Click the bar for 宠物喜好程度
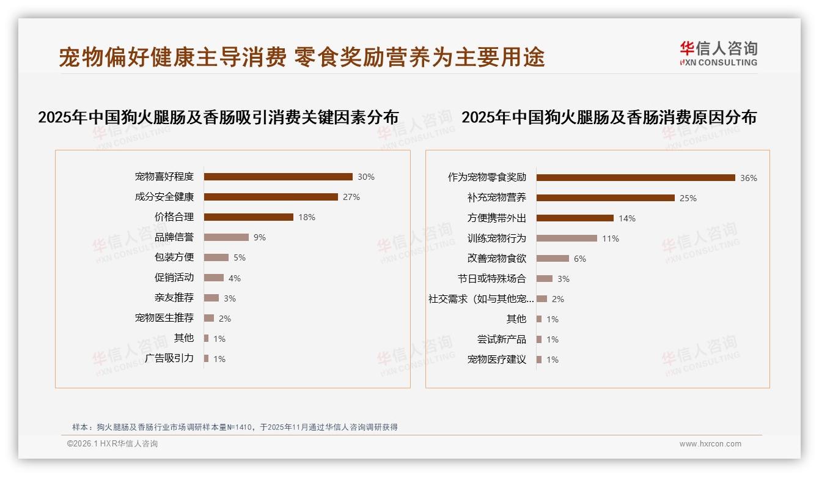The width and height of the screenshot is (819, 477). click(x=278, y=177)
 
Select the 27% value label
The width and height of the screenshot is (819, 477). click(x=351, y=197)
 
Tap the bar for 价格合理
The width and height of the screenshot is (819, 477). click(x=249, y=217)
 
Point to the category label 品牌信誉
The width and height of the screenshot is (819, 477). click(x=174, y=237)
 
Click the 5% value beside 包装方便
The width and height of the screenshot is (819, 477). click(x=239, y=257)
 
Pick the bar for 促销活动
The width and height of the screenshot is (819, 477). click(x=214, y=278)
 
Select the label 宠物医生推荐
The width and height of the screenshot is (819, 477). click(x=164, y=318)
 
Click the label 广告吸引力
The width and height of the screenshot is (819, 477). click(x=169, y=358)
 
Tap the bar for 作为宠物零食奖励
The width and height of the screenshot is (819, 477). click(x=636, y=178)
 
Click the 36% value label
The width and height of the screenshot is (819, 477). click(x=749, y=178)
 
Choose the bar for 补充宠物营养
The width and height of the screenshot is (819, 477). click(x=606, y=198)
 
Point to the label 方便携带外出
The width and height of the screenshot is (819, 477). click(x=497, y=218)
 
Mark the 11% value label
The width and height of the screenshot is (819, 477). click(x=611, y=239)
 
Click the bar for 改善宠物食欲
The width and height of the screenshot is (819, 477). click(x=553, y=259)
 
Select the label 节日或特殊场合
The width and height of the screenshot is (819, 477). click(x=492, y=279)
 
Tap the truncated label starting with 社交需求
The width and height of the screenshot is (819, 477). click(x=482, y=299)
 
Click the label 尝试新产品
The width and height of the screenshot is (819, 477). click(x=502, y=339)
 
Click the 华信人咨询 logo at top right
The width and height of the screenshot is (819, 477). click(x=718, y=53)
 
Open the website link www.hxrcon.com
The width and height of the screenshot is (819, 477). click(x=710, y=444)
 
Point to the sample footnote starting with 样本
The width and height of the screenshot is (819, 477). click(x=235, y=427)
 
